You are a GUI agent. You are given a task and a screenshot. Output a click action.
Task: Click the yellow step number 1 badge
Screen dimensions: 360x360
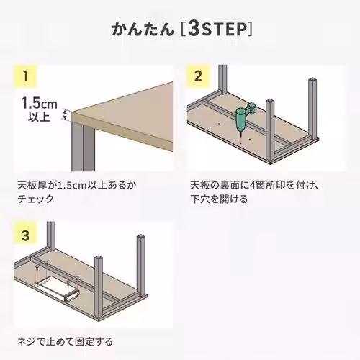tap(26, 76)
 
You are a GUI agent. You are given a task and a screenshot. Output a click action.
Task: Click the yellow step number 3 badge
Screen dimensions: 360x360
tap(26, 235)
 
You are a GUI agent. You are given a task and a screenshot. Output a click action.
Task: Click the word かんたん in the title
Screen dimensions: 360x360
tap(143, 30)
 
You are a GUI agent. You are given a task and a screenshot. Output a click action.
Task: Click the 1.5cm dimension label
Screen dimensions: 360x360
tap(36, 102)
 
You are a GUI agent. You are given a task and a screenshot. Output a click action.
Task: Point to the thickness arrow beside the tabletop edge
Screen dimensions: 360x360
tap(66, 114)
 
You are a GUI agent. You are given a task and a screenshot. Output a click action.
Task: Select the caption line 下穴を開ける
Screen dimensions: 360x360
tap(219, 199)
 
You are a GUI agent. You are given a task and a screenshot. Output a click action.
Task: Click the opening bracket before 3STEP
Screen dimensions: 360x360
tap(186, 30)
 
